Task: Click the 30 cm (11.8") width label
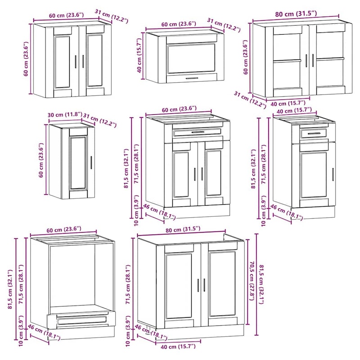pos(65,114)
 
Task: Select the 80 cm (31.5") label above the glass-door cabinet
pos(296,14)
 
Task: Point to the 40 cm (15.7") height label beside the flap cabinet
pos(139,55)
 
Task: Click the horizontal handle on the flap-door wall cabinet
pos(192,78)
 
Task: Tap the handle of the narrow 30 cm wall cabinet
pos(91,163)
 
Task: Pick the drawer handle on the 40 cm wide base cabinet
pos(314,134)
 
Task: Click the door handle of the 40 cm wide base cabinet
pos(333,175)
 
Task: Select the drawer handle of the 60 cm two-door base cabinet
pos(198,132)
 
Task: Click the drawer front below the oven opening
pos(82,320)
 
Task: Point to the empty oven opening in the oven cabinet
pos(72,275)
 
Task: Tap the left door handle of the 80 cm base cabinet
pos(198,285)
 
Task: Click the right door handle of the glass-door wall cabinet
pos(313,60)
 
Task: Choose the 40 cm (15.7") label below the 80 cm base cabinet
pos(178,346)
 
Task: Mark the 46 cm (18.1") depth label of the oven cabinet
pos(44,332)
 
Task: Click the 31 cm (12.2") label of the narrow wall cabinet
pos(99,120)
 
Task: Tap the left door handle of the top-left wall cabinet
pos(76,62)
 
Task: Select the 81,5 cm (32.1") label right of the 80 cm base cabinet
pos(262,284)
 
